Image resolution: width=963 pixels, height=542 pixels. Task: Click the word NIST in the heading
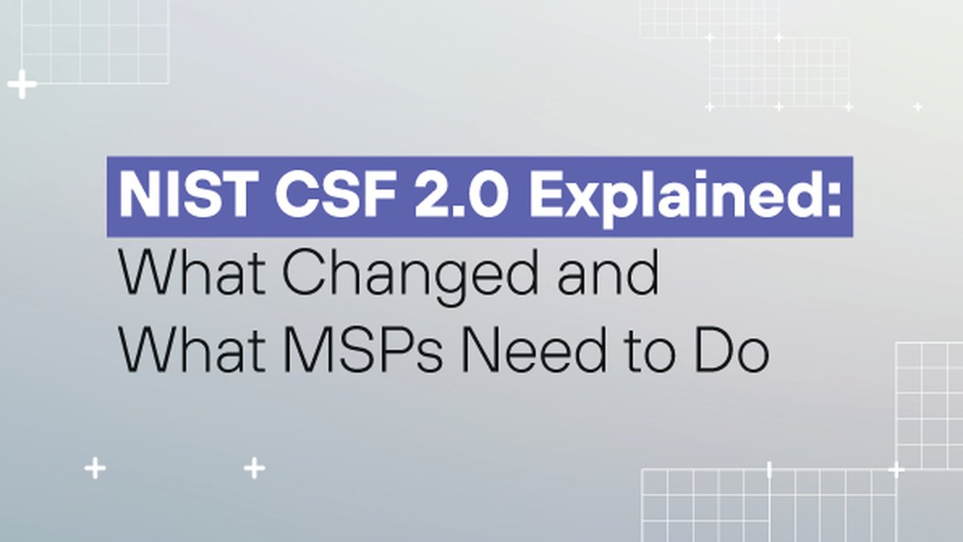point(189,194)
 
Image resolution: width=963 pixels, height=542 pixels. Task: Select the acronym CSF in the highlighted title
point(335,194)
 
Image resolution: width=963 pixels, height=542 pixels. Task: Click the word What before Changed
point(192,273)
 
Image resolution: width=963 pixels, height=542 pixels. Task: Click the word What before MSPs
point(192,348)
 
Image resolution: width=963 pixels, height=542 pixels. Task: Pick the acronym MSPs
point(363,349)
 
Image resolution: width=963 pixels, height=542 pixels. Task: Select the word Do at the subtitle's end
point(732,349)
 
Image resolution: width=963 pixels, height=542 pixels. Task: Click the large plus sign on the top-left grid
point(22,84)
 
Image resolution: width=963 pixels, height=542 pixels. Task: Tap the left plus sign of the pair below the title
point(95,468)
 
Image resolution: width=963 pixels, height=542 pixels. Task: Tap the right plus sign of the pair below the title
point(254,468)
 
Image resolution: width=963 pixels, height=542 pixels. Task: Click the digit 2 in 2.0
point(433,194)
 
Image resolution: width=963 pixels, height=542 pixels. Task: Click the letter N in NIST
point(142,194)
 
